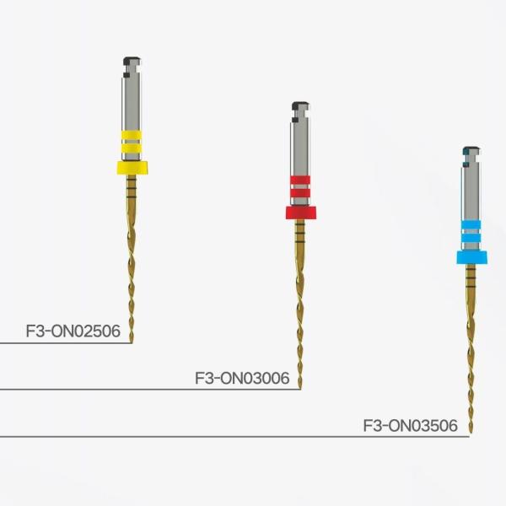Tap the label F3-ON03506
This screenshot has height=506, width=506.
point(410,426)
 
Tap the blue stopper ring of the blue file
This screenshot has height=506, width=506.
point(471,256)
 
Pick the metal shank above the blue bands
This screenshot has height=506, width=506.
point(471,190)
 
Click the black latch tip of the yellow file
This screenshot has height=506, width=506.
point(129,61)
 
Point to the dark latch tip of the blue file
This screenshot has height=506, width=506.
point(468,153)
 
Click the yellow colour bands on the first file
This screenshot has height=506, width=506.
point(131,142)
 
